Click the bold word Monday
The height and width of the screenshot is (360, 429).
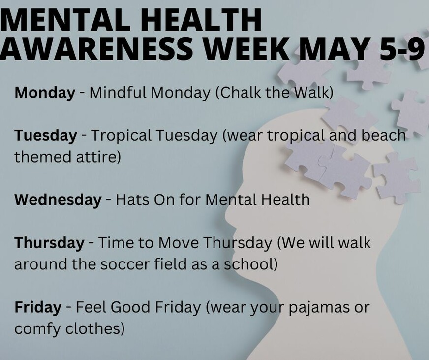tap(45, 93)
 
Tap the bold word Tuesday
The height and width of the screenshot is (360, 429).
tap(46, 135)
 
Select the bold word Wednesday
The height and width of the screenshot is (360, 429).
tap(58, 199)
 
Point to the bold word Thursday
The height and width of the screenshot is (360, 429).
tap(49, 243)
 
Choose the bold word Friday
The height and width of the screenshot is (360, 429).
tap(38, 307)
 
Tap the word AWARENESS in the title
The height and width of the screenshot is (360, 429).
tap(96, 47)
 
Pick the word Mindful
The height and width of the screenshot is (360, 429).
tap(118, 92)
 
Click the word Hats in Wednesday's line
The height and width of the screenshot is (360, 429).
tap(132, 199)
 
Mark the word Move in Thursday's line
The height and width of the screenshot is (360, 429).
tap(179, 243)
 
